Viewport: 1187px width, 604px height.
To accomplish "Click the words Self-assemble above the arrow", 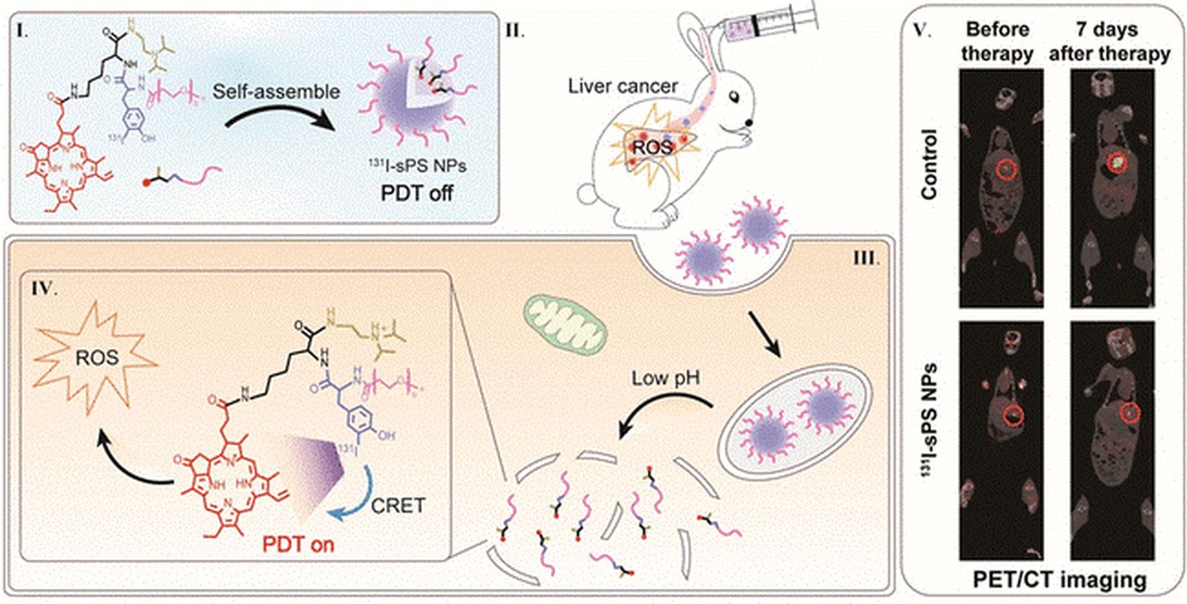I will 276,91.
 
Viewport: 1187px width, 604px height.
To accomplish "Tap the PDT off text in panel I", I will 416,193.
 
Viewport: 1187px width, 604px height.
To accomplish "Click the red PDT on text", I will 298,544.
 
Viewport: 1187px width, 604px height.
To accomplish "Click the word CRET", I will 398,506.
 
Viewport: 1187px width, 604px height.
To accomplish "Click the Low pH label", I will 665,379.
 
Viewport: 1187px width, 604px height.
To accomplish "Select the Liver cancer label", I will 623,86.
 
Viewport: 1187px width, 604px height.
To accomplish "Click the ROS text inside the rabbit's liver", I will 652,147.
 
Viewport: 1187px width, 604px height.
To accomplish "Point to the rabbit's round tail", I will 587,194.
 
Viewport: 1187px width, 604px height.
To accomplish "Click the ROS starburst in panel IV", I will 97,358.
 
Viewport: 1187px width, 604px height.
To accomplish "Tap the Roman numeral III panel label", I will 866,258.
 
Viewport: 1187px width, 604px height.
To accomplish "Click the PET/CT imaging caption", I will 1059,579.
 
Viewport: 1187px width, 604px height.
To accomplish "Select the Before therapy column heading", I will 997,41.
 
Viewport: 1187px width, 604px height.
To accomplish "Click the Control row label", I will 929,164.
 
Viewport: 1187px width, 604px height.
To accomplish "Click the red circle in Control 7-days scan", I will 1117,162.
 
